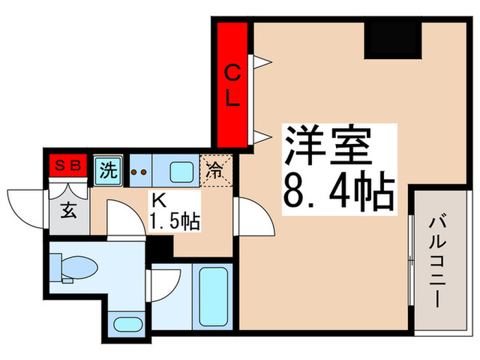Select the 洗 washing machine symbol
click(106, 169)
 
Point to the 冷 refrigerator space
click(215, 169)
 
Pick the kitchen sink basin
click(181, 169)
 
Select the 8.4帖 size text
click(339, 193)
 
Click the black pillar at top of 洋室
click(392, 40)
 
